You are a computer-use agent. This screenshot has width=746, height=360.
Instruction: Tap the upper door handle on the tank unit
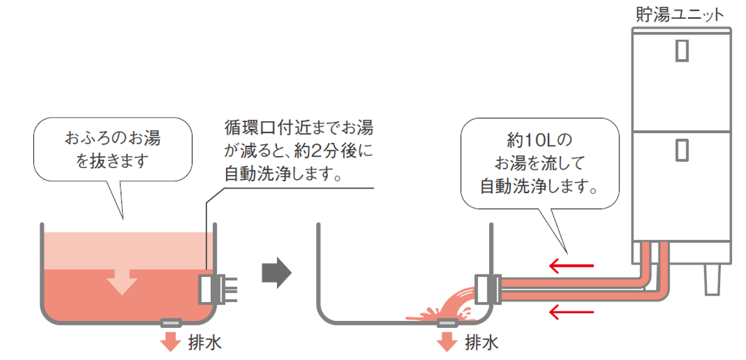point(682,50)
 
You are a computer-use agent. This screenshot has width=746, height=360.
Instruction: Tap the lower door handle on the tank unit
point(682,152)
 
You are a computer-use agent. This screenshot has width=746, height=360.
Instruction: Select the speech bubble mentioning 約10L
point(540,162)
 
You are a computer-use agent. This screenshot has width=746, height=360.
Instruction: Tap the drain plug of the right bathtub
point(447,323)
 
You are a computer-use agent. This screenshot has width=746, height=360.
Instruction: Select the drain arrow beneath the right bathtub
point(447,341)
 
